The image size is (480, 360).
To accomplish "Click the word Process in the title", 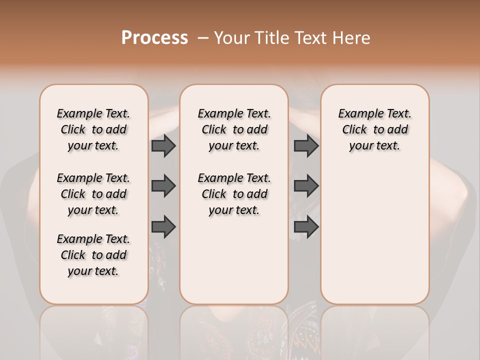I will coord(154,37).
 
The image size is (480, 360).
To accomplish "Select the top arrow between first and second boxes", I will coord(163,146).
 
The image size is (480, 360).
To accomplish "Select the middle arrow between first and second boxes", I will coord(163,186).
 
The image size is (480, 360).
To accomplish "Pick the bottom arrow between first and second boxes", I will coord(163,226).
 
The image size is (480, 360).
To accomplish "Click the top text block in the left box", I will coord(93,129).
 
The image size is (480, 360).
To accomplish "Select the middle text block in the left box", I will coord(93,194).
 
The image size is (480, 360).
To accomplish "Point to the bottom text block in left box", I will coord(93,255).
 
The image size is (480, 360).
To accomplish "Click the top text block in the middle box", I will coord(234,129).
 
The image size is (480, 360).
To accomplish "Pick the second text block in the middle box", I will coord(234,194).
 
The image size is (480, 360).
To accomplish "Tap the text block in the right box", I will coord(375,129).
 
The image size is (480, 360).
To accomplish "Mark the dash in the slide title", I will coord(202,38).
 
